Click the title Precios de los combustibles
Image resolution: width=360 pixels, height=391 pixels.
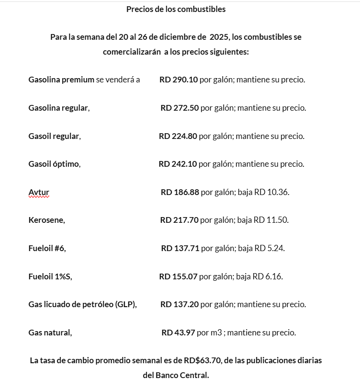tap(176, 9)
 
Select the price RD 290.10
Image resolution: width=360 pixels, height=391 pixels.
tap(179, 80)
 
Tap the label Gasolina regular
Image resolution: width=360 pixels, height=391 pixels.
tap(59, 108)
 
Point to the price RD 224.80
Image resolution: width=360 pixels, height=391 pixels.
tap(178, 136)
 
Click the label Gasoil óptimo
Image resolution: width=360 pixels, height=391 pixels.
tap(54, 164)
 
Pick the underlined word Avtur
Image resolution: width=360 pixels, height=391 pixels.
tap(39, 192)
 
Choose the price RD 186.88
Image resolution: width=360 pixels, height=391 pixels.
tap(180, 192)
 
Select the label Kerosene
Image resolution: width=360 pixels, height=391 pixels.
tap(46, 220)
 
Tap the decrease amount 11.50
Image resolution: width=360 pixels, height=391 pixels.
tap(278, 220)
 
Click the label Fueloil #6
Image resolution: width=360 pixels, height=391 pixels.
tap(47, 248)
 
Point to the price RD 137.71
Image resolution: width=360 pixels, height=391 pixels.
tap(180, 248)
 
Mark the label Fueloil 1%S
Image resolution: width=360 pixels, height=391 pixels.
tap(50, 276)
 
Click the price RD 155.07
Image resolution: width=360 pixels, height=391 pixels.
tap(178, 276)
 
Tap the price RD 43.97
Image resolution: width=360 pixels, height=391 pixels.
tap(178, 333)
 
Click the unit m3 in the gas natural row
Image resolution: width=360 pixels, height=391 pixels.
tap(216, 333)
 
